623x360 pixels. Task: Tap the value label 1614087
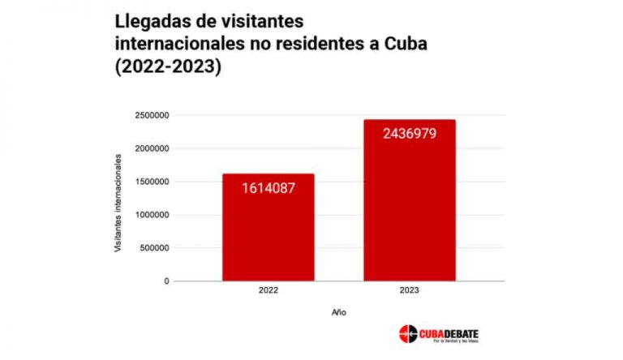click(x=268, y=188)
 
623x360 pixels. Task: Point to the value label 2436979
click(x=410, y=133)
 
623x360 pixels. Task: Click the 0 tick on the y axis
click(x=165, y=281)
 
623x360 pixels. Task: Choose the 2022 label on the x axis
click(x=268, y=290)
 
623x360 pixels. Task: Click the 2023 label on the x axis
click(x=410, y=290)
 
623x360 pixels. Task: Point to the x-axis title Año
click(x=338, y=311)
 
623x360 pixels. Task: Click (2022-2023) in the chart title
click(x=168, y=67)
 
